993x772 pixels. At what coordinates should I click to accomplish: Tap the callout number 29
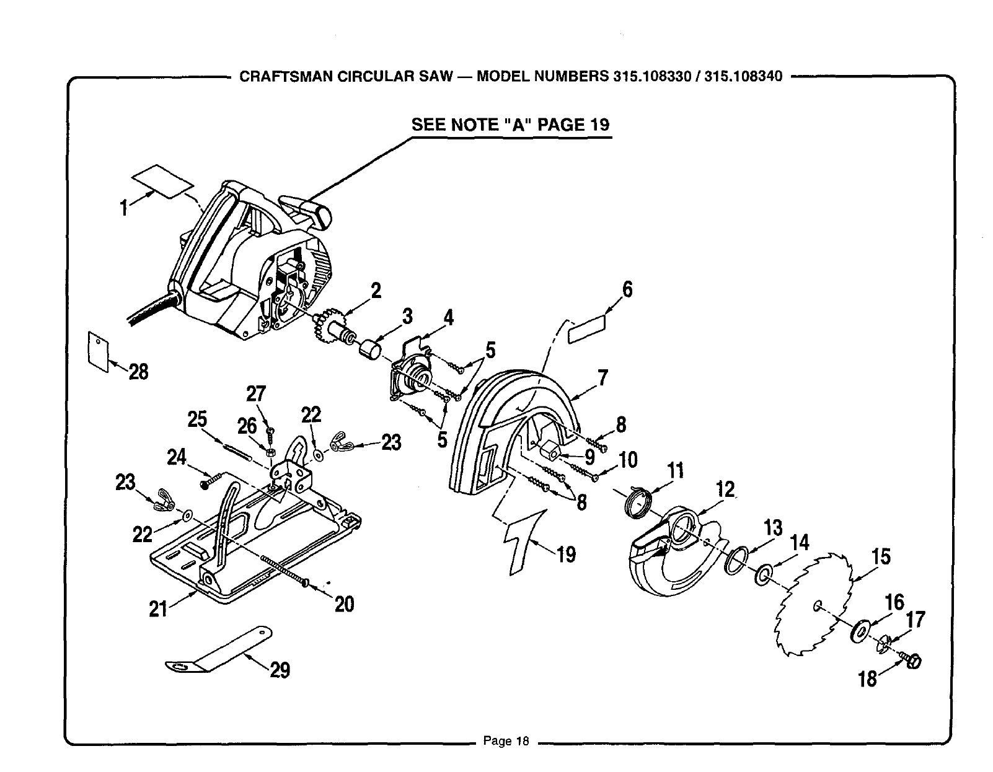(x=280, y=670)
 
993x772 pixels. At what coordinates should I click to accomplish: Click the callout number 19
(x=566, y=553)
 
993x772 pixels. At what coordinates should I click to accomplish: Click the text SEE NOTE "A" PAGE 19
(x=511, y=125)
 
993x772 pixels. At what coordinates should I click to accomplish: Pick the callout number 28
(x=138, y=372)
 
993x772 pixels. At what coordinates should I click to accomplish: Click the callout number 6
(x=627, y=289)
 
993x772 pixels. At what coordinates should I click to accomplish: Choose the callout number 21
(x=158, y=609)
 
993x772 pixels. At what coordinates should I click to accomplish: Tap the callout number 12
(x=725, y=489)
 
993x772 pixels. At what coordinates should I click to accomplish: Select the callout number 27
(x=255, y=394)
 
